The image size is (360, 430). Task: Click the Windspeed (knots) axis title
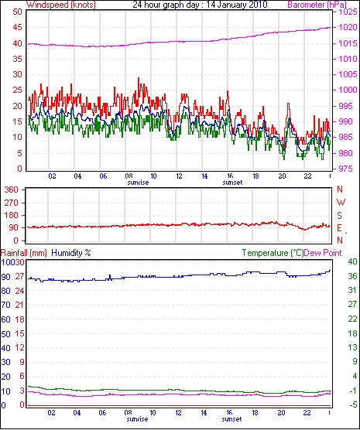61,5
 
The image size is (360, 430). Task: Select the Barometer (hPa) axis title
317,5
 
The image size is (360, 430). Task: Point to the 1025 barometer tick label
348,12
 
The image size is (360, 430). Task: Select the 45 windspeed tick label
17,27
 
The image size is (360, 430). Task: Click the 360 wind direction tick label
12,189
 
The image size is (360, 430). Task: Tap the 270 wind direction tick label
12,203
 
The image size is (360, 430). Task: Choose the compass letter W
341,203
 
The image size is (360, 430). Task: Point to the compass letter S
340,216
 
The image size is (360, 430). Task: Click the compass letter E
340,228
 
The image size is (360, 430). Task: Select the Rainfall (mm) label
24,253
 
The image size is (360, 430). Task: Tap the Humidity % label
71,253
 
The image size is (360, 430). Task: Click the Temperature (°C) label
273,253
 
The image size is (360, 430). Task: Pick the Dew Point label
323,253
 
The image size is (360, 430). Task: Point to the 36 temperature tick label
352,276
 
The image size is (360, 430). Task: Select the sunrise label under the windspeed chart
138,183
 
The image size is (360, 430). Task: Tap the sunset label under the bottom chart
231,419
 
